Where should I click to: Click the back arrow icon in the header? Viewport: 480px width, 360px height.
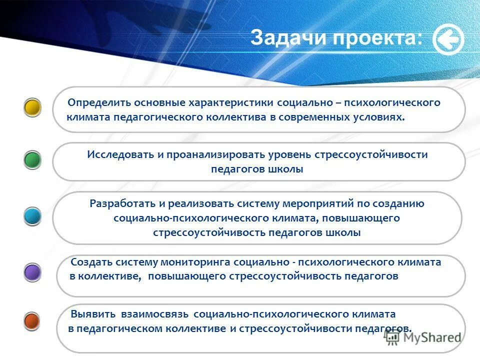coord(448,39)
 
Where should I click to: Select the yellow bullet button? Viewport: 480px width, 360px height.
coord(32,107)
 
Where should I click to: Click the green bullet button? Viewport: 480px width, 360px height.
coord(32,160)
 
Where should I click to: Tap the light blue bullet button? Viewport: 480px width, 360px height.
coord(32,217)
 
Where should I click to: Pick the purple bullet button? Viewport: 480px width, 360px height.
coord(32,272)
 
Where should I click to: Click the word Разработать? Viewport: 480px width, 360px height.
coord(121,203)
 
